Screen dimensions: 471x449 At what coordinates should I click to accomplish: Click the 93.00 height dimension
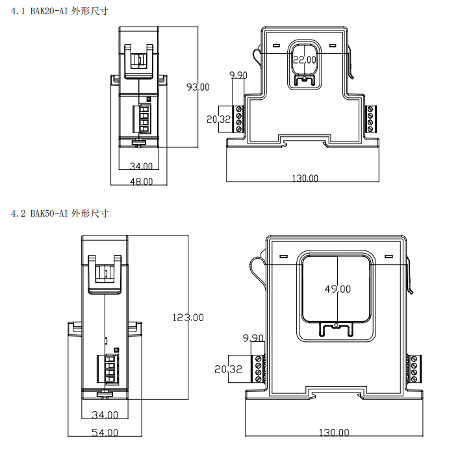click(x=198, y=87)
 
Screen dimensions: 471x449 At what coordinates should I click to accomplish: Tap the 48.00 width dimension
click(x=141, y=182)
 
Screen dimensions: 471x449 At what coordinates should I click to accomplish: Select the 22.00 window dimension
click(x=305, y=60)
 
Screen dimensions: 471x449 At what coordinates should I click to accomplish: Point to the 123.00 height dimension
click(x=188, y=317)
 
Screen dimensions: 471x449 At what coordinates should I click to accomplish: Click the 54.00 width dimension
click(x=105, y=432)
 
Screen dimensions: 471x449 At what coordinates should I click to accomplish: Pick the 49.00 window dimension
click(x=338, y=289)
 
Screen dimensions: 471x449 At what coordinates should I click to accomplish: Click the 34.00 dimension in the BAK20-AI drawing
click(x=141, y=166)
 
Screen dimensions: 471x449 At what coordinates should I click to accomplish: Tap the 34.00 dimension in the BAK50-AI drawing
click(x=105, y=415)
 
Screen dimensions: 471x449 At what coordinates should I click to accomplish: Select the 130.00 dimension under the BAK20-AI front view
click(x=305, y=178)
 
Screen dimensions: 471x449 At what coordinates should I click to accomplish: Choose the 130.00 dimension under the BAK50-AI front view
click(x=334, y=432)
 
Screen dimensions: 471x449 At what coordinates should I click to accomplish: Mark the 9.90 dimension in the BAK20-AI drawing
click(x=238, y=75)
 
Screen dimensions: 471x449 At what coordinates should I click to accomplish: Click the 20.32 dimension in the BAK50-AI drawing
click(x=228, y=369)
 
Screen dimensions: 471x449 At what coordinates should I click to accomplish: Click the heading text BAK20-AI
click(x=49, y=12)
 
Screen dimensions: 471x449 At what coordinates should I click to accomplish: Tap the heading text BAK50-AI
click(x=49, y=213)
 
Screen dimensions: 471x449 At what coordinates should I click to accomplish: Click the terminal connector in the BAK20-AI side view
click(x=142, y=119)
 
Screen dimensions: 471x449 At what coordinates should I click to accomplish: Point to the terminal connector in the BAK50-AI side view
click(x=108, y=369)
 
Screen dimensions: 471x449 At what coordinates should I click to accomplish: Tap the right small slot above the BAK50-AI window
click(x=389, y=256)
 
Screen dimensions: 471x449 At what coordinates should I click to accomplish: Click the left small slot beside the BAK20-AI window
click(x=276, y=45)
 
